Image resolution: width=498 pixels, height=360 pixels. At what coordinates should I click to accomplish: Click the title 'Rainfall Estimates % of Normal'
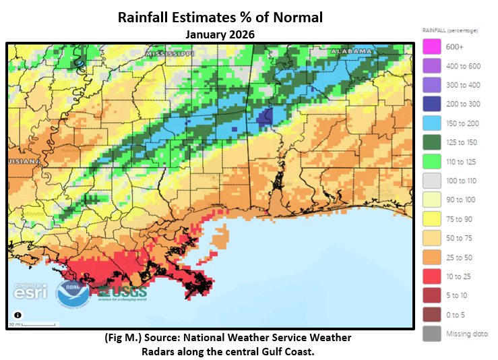pyautogui.click(x=220, y=17)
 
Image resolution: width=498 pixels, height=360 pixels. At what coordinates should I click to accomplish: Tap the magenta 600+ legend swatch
pyautogui.click(x=431, y=47)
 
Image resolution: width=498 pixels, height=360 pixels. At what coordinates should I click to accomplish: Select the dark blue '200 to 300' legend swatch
pyautogui.click(x=431, y=104)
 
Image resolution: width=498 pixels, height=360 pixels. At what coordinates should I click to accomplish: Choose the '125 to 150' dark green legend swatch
pyautogui.click(x=431, y=142)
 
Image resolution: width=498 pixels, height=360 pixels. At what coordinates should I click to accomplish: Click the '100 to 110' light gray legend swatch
pyautogui.click(x=431, y=181)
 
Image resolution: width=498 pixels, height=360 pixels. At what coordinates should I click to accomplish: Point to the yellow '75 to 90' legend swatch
pyautogui.click(x=431, y=218)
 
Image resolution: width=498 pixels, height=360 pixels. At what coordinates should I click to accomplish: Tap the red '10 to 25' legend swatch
pyautogui.click(x=431, y=276)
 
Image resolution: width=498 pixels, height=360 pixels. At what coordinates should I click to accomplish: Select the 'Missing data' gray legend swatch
pyautogui.click(x=431, y=333)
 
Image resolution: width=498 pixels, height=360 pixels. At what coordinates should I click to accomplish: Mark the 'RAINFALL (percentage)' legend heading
pyautogui.click(x=449, y=30)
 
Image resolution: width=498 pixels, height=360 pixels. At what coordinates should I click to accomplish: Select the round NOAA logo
pyautogui.click(x=72, y=294)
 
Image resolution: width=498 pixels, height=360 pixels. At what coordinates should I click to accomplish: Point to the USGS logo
pyautogui.click(x=120, y=293)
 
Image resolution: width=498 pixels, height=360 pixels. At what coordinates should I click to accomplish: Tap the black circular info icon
pyautogui.click(x=18, y=316)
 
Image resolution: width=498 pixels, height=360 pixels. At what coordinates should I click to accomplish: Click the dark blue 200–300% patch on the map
pyautogui.click(x=263, y=118)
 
